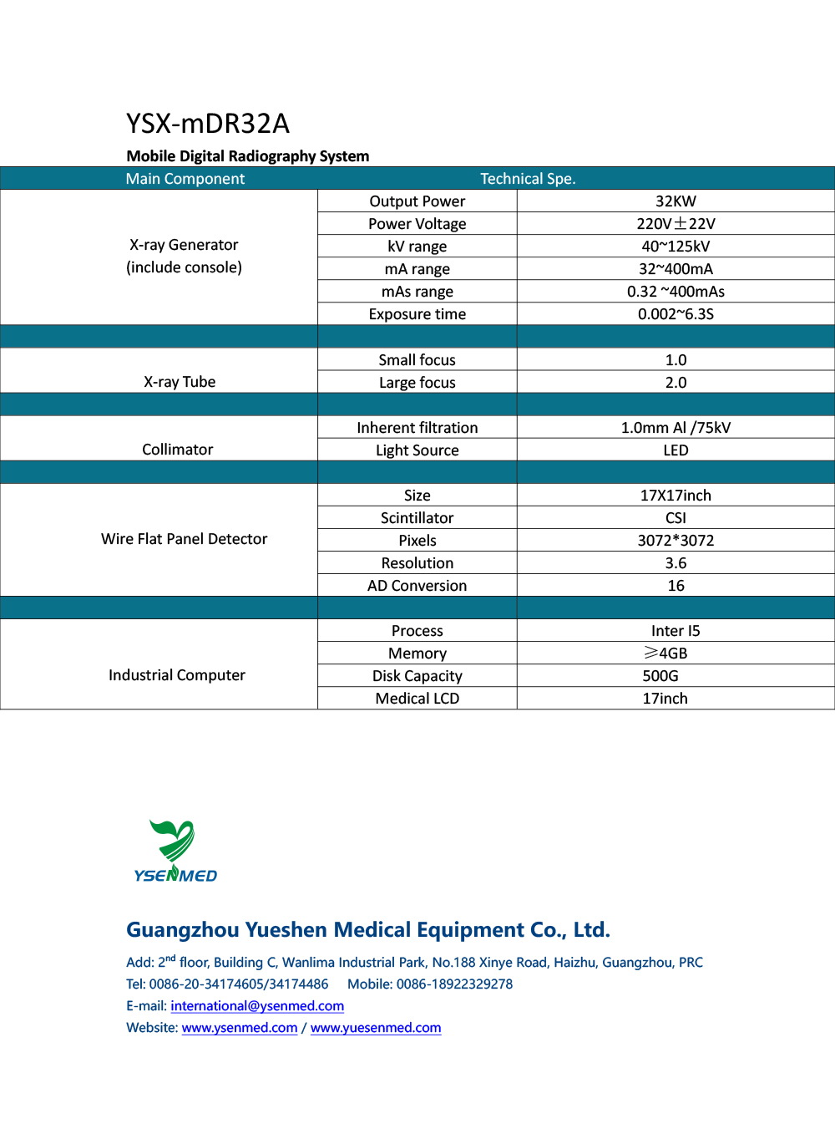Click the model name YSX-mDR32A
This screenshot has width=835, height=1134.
click(x=208, y=124)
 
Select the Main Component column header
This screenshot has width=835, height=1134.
click(x=185, y=179)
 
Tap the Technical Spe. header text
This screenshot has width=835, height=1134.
click(x=528, y=179)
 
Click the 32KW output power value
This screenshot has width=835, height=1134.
click(x=676, y=201)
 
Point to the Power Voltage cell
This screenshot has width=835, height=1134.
click(x=417, y=224)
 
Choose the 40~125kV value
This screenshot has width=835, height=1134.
click(x=676, y=247)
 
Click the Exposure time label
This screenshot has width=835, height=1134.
click(x=417, y=314)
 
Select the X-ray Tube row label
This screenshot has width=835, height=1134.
click(x=180, y=382)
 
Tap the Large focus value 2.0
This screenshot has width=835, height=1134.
click(x=676, y=383)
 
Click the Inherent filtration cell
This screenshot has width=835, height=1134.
click(x=417, y=428)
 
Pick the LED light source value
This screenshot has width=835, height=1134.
click(x=676, y=450)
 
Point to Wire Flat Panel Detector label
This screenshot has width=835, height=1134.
click(x=184, y=539)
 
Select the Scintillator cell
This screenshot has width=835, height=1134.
click(x=417, y=518)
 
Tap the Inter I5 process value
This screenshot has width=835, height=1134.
click(x=676, y=631)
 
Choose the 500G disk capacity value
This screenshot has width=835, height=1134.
click(x=660, y=676)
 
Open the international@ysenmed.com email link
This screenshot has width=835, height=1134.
click(x=257, y=1006)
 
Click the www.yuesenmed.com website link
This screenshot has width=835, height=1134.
click(x=376, y=1028)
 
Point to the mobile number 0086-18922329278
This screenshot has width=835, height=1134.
click(x=454, y=984)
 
